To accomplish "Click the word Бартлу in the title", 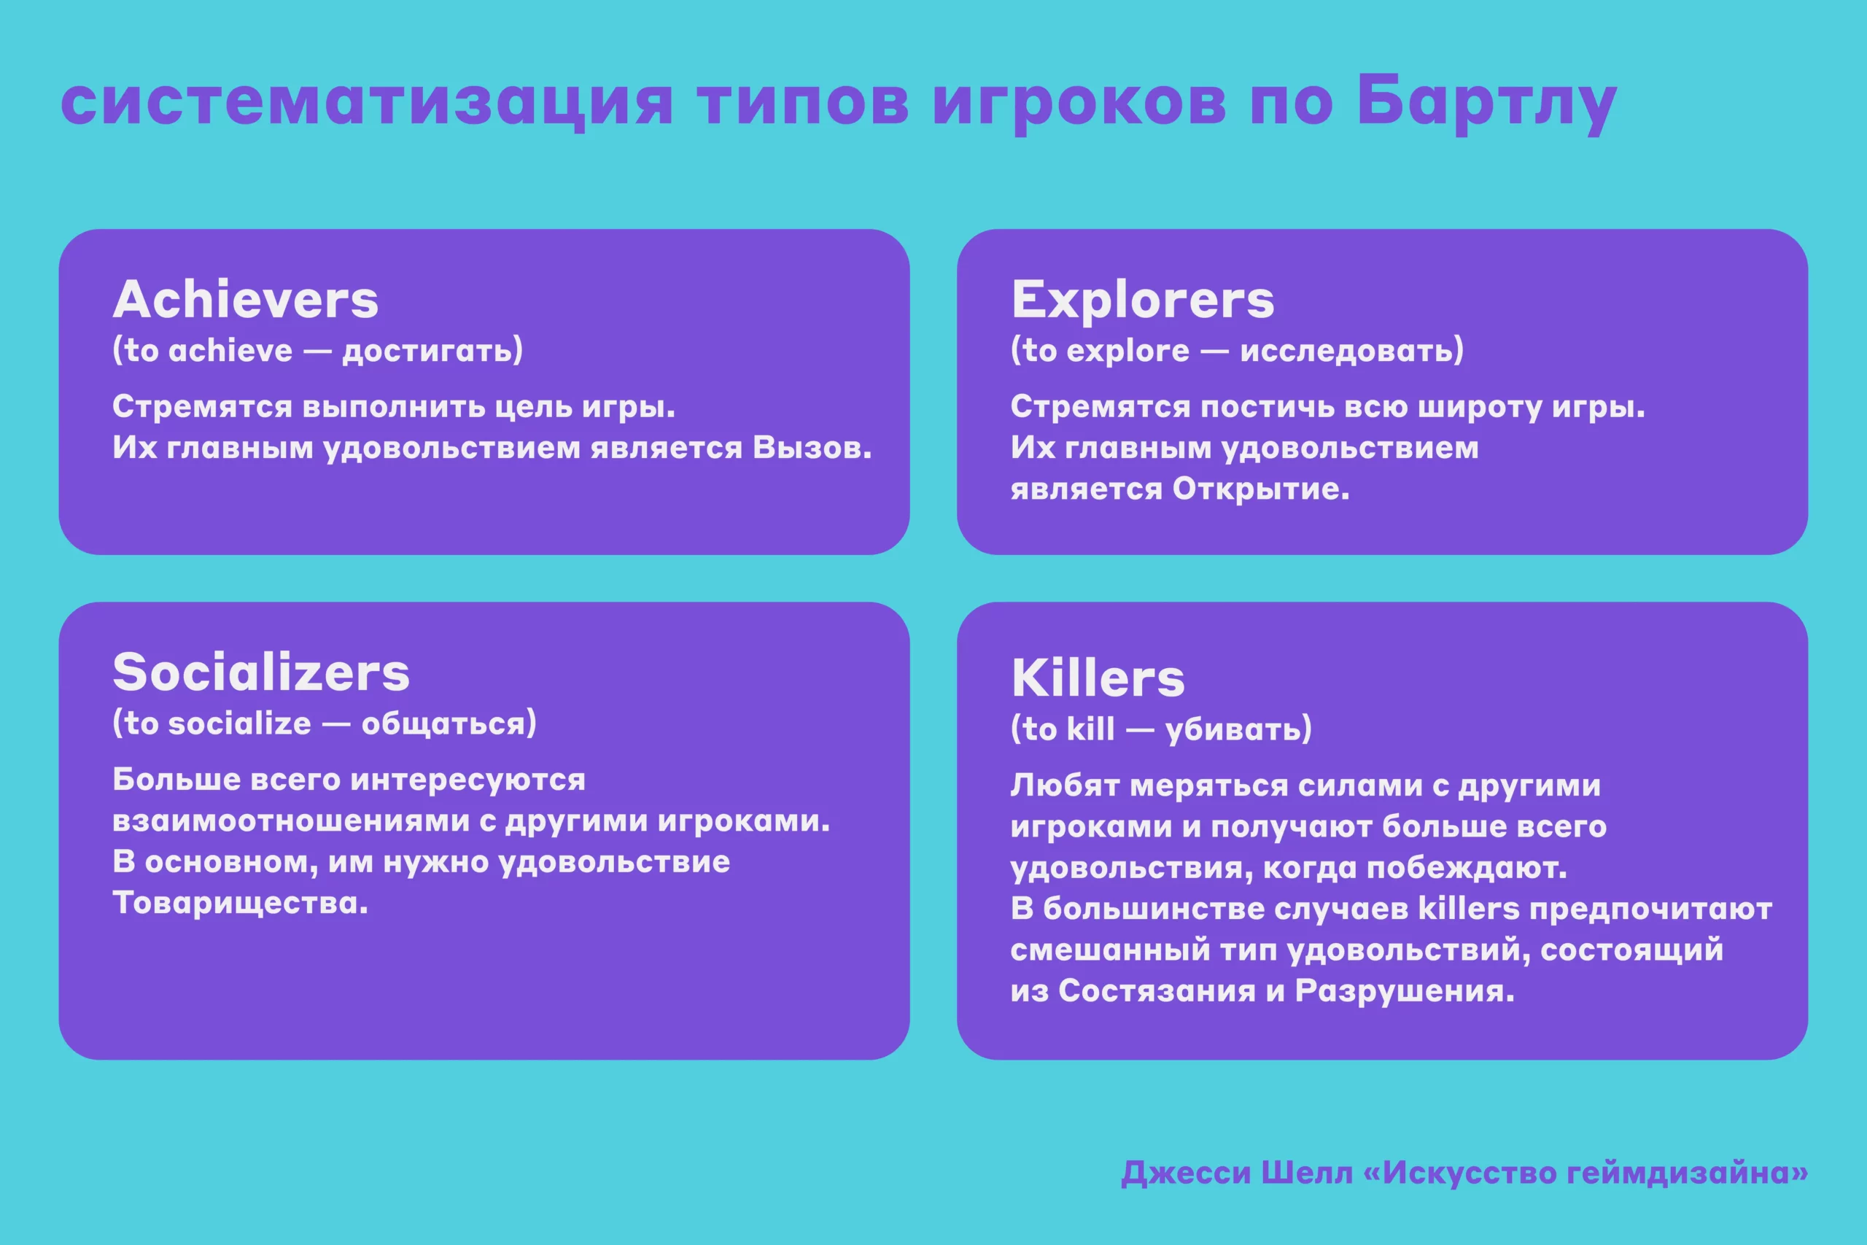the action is coord(1486,104).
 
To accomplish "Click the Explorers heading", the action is coord(1142,300).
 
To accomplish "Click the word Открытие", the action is coord(1260,489).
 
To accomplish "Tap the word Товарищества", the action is coord(241,903).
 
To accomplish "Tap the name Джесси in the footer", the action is coord(1186,1173).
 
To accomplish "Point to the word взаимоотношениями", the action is coord(290,821).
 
